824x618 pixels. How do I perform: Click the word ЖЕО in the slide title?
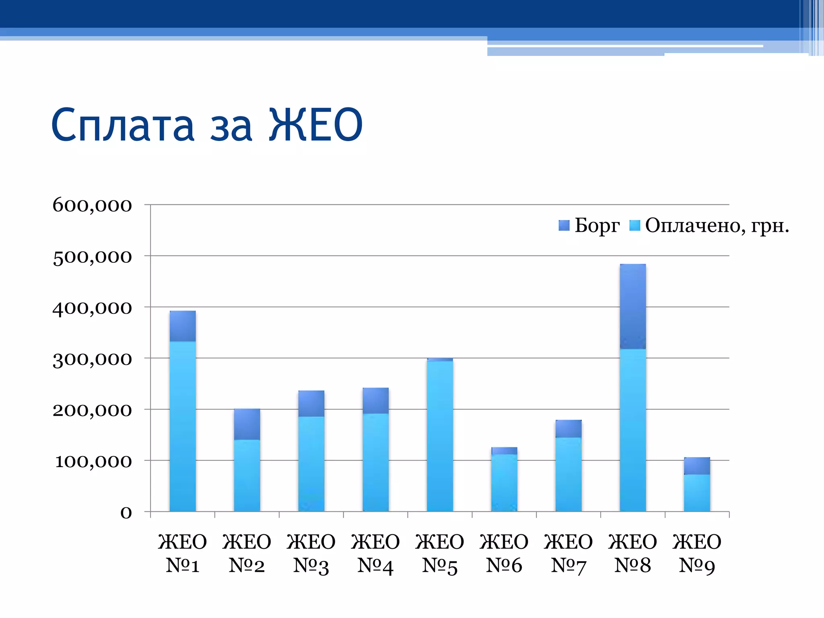click(x=316, y=125)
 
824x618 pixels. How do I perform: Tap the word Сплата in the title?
click(x=123, y=126)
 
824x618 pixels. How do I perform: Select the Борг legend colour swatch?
click(x=564, y=225)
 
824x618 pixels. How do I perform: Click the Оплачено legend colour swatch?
click(x=634, y=225)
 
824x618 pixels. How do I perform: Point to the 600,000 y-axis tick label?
click(x=92, y=205)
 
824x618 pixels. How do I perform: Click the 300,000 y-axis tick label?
click(x=92, y=359)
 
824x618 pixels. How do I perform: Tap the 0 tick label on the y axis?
click(x=126, y=513)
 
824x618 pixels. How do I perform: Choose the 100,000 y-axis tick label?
click(x=93, y=461)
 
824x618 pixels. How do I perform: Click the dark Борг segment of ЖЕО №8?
click(x=633, y=306)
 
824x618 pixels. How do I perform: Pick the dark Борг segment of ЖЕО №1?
click(x=183, y=326)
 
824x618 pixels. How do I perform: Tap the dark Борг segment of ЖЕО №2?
click(x=247, y=424)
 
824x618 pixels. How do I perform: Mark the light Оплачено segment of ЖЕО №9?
click(x=697, y=493)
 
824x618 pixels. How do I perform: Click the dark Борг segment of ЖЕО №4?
click(x=375, y=401)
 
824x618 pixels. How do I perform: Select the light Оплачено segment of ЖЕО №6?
click(x=504, y=483)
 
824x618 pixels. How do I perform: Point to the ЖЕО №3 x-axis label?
click(x=311, y=554)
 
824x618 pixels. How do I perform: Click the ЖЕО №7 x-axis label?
click(x=568, y=554)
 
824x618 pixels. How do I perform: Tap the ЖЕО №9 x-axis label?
click(x=697, y=554)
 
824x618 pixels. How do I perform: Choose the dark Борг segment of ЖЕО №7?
click(x=569, y=428)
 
